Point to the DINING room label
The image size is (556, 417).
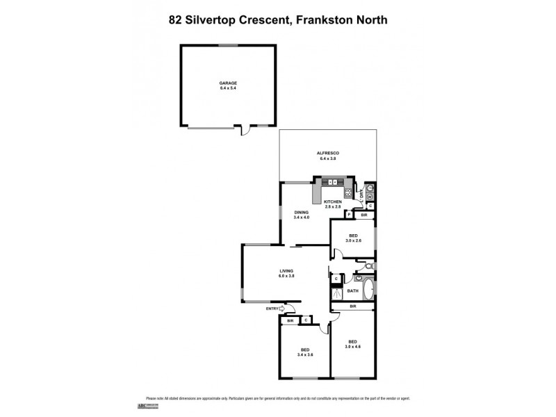[301, 213]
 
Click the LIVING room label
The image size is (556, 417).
[286, 271]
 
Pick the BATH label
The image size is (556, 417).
[353, 291]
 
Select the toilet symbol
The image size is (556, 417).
[369, 266]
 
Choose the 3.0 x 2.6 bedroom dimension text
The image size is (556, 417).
[353, 240]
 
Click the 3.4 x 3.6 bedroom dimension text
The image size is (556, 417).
[305, 354]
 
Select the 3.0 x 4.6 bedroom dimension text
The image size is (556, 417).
[353, 346]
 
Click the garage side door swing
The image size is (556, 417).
[243, 130]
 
